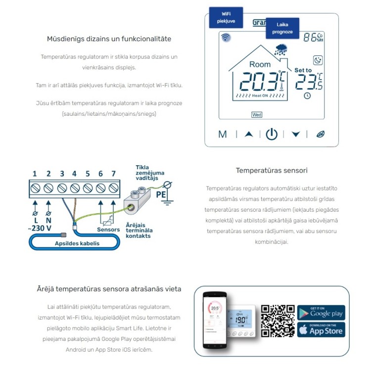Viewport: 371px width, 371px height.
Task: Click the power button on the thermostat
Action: tap(272, 134)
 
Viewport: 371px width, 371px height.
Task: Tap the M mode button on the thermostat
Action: tap(222, 134)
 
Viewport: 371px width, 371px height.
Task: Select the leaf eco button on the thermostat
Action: tap(321, 134)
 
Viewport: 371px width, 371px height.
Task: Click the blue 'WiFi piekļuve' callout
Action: tap(226, 18)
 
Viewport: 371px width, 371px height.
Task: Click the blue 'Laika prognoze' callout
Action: tap(282, 28)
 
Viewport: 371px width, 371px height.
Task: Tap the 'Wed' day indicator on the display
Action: tap(257, 115)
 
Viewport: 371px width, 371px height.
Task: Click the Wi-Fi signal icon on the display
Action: tap(226, 38)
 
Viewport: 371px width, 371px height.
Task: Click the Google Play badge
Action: tap(321, 312)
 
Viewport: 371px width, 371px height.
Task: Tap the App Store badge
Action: tap(321, 329)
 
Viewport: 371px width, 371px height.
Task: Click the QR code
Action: tap(278, 321)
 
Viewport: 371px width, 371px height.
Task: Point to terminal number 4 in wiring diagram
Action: tap(74, 188)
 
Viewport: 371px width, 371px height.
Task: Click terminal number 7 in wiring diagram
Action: tap(113, 188)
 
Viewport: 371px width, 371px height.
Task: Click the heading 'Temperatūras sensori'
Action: tap(272, 170)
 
